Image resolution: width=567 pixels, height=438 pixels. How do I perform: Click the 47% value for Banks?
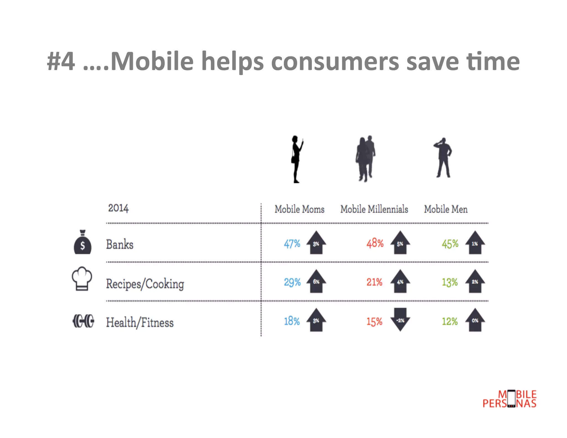(292, 244)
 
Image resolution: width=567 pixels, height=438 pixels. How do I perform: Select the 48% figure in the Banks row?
(375, 243)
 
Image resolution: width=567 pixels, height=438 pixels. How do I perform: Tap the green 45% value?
(450, 244)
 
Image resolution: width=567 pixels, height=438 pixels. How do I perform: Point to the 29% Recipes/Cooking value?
(292, 282)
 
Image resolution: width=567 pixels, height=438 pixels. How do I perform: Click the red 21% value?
(374, 282)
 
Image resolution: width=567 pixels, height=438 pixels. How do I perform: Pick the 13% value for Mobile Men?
(450, 282)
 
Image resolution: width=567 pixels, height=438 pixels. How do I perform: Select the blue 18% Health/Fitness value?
(292, 321)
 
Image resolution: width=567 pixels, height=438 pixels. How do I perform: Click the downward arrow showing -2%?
(400, 320)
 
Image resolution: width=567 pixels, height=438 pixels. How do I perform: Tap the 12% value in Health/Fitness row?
(450, 321)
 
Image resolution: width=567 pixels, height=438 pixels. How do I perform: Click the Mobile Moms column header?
(299, 209)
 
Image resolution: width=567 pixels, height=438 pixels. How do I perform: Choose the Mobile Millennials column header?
(374, 209)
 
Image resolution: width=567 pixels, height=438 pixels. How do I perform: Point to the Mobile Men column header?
(446, 209)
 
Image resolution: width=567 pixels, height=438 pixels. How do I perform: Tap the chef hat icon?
(82, 279)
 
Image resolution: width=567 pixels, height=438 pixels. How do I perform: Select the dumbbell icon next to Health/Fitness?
(83, 321)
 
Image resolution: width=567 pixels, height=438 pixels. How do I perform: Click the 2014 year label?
(118, 208)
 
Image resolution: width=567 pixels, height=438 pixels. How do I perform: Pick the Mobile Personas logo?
(509, 399)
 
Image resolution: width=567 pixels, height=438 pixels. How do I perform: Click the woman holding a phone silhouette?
(297, 159)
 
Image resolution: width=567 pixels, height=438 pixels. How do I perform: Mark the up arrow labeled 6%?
(316, 281)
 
